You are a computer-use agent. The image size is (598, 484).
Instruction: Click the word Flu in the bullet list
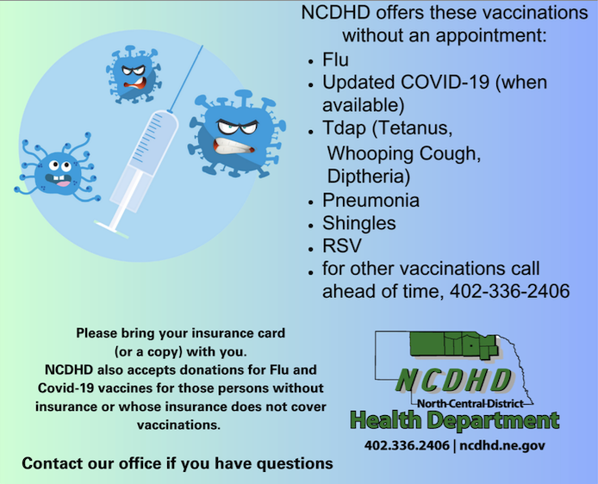(335, 59)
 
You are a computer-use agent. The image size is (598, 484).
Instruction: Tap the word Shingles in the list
(358, 223)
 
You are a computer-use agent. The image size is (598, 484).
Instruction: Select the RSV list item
(342, 245)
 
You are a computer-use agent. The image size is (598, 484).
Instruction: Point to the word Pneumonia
(371, 201)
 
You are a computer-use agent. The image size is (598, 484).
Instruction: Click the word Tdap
(344, 128)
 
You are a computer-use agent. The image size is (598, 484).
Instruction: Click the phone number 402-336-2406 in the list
(509, 291)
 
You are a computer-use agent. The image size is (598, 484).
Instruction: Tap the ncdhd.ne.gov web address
(502, 445)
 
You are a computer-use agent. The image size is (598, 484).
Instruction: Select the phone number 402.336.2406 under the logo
(407, 445)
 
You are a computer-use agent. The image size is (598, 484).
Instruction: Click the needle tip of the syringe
(202, 47)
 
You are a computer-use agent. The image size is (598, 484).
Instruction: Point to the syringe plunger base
(111, 229)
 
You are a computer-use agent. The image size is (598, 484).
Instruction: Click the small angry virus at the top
(134, 75)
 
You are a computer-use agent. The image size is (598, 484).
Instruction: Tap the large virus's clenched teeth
(234, 146)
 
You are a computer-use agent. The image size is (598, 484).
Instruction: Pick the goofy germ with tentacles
(58, 171)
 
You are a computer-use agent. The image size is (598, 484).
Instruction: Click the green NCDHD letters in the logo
(454, 381)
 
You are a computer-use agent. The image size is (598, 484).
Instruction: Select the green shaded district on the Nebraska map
(454, 344)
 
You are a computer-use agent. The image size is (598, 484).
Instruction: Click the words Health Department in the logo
(455, 421)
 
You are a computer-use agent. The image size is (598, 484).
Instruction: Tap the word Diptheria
(369, 177)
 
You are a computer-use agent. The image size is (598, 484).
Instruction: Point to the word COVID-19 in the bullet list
(445, 83)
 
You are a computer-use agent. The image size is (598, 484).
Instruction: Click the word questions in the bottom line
(295, 464)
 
